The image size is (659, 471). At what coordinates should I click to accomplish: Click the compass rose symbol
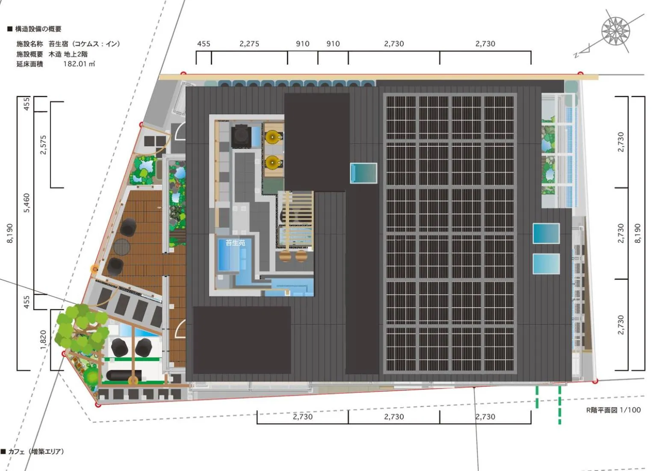coord(615,31)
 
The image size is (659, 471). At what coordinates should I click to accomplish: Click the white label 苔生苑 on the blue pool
coord(235,243)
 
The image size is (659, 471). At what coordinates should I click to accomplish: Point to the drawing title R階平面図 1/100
coord(613,410)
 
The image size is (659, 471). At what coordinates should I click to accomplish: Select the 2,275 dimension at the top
coord(249,44)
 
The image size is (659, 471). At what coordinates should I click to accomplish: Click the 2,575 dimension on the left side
coord(43,145)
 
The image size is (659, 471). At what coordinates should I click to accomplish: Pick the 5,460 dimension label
coord(27,203)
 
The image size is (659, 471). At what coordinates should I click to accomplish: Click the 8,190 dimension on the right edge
coord(638,233)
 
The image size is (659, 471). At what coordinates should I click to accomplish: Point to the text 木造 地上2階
coord(68,54)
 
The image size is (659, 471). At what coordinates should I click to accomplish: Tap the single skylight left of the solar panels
coord(363,173)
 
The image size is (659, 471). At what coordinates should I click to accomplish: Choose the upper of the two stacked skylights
coord(546,234)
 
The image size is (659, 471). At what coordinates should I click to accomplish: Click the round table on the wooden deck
coord(121,247)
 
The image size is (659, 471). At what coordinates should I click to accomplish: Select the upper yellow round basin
coord(273,137)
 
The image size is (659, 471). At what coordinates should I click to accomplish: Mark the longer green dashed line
coord(559,405)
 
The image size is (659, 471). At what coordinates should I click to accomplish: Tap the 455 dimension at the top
coord(204,44)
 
